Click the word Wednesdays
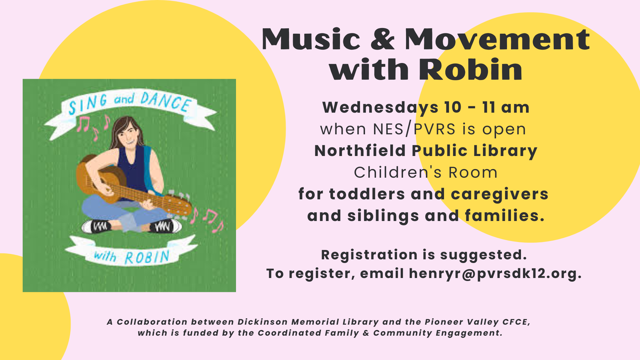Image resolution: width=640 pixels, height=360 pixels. pyautogui.click(x=380, y=108)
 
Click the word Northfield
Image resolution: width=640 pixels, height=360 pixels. pyautogui.click(x=360, y=151)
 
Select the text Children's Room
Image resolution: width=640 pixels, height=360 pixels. pyautogui.click(x=426, y=172)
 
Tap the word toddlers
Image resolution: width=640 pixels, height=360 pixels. pyautogui.click(x=367, y=194)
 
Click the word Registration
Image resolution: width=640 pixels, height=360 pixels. pyautogui.click(x=369, y=255)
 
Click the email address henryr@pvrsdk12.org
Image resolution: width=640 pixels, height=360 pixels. pyautogui.click(x=495, y=273)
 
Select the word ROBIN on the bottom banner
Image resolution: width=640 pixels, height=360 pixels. pyautogui.click(x=147, y=257)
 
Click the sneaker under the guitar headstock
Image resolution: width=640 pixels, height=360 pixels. pyautogui.click(x=165, y=226)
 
